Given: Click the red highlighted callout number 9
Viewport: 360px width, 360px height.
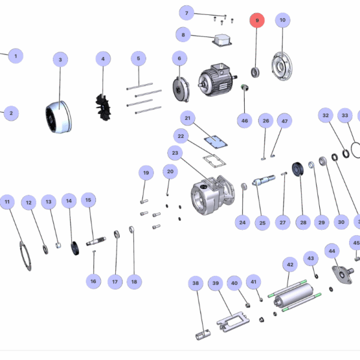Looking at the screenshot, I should (257, 20).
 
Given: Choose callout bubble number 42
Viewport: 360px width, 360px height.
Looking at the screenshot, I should (290, 265).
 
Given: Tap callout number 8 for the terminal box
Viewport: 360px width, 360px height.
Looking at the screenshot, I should (184, 35).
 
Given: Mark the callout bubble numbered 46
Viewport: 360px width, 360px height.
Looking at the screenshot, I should (244, 121).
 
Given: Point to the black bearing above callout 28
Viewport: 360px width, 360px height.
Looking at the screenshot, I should (296, 170).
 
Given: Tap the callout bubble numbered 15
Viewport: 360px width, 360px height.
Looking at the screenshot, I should (88, 200).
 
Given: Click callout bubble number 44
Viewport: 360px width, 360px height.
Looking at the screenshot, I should (332, 250).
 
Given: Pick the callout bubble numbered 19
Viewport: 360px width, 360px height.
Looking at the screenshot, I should (145, 174).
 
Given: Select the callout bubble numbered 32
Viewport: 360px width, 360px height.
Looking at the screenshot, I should (326, 115).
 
